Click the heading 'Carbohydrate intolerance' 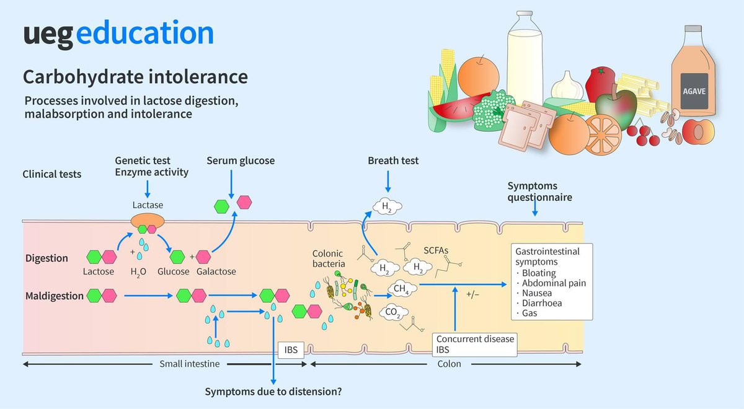tap(135, 77)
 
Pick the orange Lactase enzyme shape tap(146, 221)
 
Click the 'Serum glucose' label tap(241, 161)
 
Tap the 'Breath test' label tap(393, 161)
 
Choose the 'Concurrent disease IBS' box tap(475, 345)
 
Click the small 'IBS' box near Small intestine tap(290, 350)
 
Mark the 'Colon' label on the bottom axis tap(449, 364)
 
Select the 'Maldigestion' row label tap(55, 296)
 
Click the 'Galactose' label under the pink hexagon tap(216, 272)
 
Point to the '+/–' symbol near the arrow tap(473, 295)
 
